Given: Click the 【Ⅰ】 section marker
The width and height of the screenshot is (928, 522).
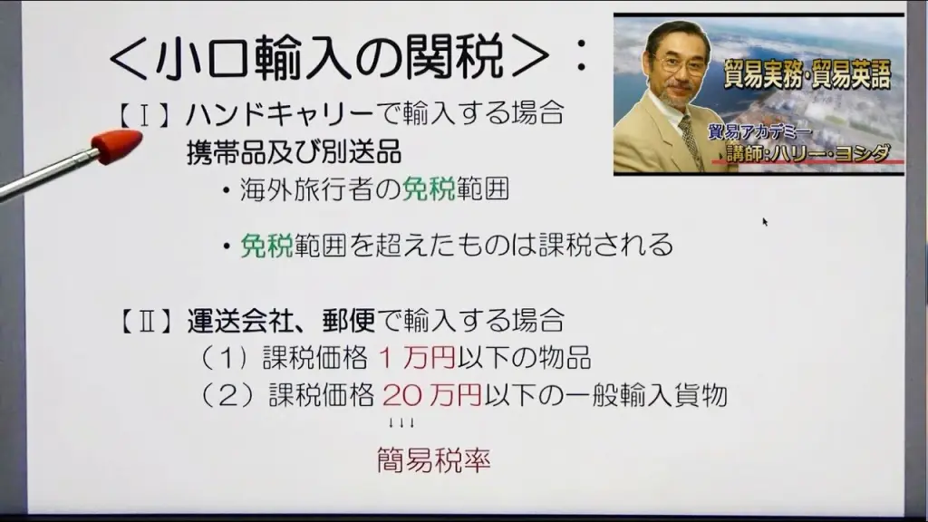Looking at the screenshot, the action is click(144, 114).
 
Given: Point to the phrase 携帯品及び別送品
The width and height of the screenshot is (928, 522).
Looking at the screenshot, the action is click(295, 151).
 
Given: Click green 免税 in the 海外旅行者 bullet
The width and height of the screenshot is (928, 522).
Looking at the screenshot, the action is click(429, 189).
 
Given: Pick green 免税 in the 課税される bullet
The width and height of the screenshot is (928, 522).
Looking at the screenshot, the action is click(266, 245).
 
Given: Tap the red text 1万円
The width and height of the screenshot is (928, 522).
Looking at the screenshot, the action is click(417, 358).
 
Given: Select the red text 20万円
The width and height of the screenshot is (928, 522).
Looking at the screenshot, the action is click(432, 395).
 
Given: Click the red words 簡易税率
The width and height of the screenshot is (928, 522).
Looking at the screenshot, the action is click(434, 460).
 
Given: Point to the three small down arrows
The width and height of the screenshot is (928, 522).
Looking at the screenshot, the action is click(401, 423).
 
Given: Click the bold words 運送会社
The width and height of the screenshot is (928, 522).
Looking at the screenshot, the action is click(240, 322).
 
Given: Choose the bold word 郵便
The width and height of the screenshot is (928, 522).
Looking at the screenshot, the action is click(349, 322).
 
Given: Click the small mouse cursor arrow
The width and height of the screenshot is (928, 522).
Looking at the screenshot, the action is click(765, 222).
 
